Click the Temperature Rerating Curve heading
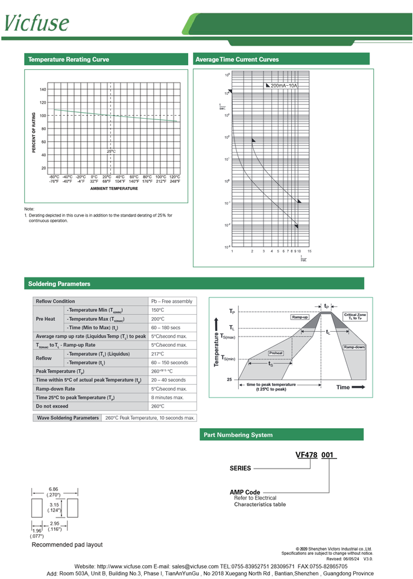click(x=69, y=60)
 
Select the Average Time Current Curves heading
click(x=237, y=60)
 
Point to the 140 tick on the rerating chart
click(x=43, y=89)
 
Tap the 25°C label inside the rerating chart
click(x=111, y=151)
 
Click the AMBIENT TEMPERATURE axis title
click(x=114, y=189)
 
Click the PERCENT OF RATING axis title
click(x=34, y=132)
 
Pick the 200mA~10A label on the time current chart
click(x=284, y=86)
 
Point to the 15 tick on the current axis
click(x=309, y=251)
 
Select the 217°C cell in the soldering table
click(x=157, y=354)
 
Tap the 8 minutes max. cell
click(x=167, y=398)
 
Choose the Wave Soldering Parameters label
click(x=68, y=417)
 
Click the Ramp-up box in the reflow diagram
click(x=300, y=317)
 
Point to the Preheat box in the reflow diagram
click(x=276, y=353)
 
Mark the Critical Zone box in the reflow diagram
click(x=355, y=316)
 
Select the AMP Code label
click(x=245, y=492)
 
